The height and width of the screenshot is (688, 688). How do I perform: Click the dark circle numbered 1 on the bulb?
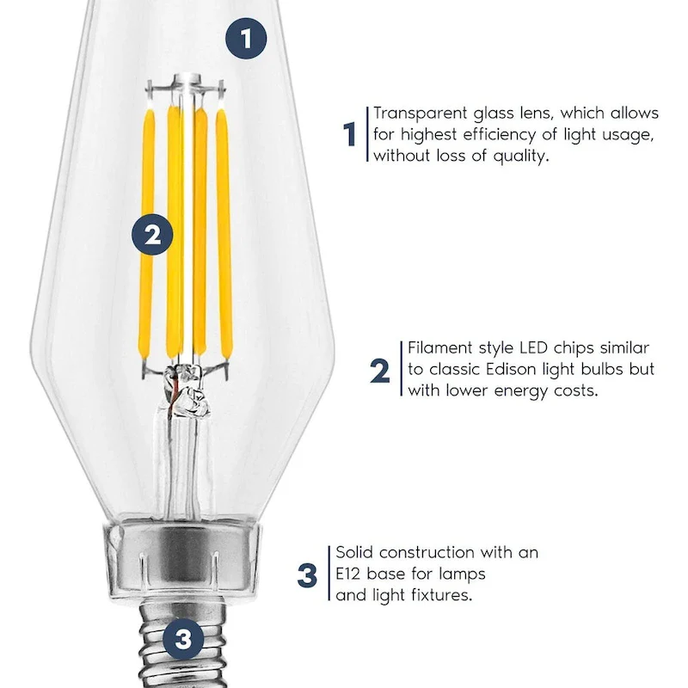click(x=247, y=39)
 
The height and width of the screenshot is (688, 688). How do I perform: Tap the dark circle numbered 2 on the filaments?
click(x=152, y=234)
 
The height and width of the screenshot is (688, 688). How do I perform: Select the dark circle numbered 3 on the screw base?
click(x=182, y=638)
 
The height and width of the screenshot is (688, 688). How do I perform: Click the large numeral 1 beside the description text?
click(x=349, y=135)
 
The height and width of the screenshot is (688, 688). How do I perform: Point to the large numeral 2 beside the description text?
click(x=379, y=371)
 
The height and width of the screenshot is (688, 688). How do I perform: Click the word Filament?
click(x=439, y=348)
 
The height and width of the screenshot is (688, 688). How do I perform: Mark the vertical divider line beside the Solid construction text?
click(x=329, y=574)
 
